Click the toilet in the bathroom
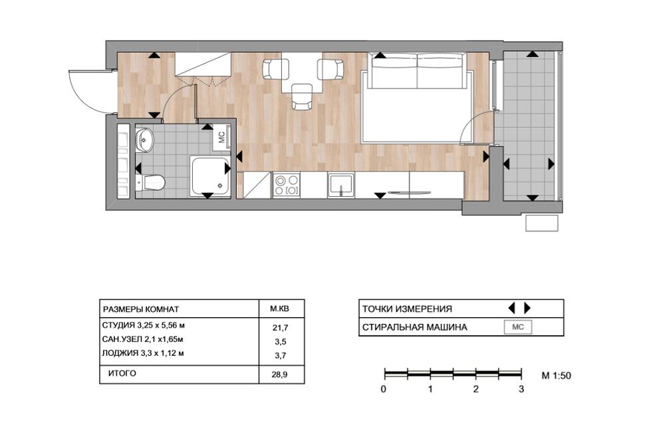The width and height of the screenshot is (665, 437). pyautogui.click(x=150, y=182)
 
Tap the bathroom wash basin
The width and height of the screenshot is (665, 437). pyautogui.click(x=145, y=139)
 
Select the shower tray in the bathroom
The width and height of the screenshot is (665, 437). pyautogui.click(x=210, y=176)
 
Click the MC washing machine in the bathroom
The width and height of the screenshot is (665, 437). pyautogui.click(x=222, y=137)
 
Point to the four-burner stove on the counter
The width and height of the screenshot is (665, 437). pyautogui.click(x=286, y=185)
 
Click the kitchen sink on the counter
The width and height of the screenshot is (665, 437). pyautogui.click(x=341, y=185)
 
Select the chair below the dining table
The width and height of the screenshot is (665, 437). pyautogui.click(x=302, y=96)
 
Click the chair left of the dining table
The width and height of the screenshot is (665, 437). pyautogui.click(x=275, y=69)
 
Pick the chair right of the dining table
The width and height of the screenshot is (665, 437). pyautogui.click(x=331, y=69)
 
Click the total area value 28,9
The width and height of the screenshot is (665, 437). pyautogui.click(x=281, y=375)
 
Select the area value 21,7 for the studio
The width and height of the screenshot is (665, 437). pyautogui.click(x=281, y=327)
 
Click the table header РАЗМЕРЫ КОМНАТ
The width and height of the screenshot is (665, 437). pyautogui.click(x=141, y=309)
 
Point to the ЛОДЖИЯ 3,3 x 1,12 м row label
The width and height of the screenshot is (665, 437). pyautogui.click(x=144, y=353)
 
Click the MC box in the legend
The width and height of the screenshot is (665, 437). pyautogui.click(x=518, y=327)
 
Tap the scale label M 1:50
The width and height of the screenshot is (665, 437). pyautogui.click(x=557, y=376)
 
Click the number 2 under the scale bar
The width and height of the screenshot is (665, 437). pyautogui.click(x=476, y=388)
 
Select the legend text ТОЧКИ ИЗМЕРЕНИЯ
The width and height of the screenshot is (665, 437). pyautogui.click(x=407, y=309)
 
